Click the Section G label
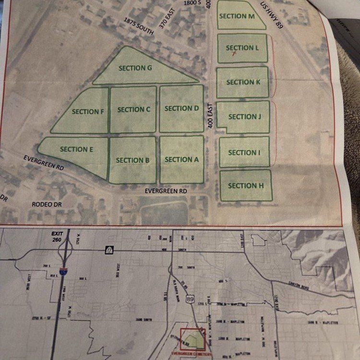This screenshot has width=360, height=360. [135, 68]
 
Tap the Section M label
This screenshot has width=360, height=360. [237, 16]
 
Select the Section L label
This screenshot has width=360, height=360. [242, 48]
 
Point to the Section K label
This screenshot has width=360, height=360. [243, 82]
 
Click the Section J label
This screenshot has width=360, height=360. [244, 117]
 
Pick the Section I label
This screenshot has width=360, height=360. [244, 153]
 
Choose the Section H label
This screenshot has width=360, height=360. [246, 186]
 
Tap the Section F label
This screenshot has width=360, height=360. [88, 111]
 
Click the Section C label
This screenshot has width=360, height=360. [134, 109]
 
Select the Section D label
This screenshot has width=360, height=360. [181, 108]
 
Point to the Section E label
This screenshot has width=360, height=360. [77, 149]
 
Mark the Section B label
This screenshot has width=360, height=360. [133, 160]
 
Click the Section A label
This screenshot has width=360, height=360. [181, 159]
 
